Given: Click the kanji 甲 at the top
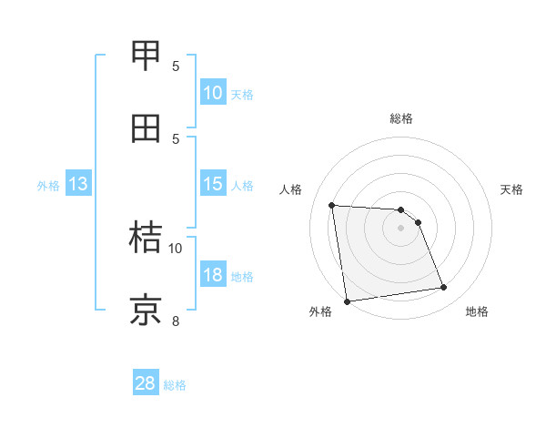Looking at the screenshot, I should (x=147, y=56).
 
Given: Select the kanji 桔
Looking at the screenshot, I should (x=147, y=238).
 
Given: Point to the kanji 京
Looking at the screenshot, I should (x=147, y=311).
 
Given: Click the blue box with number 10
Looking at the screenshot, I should (x=213, y=93).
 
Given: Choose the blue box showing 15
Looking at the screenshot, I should (x=213, y=184).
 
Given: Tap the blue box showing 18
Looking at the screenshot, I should (x=213, y=275).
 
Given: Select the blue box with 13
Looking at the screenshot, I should (x=77, y=184).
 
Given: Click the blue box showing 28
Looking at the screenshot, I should (x=146, y=383).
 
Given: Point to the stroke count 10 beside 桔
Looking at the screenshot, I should (x=176, y=248).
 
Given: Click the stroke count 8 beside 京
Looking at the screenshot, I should (x=176, y=321).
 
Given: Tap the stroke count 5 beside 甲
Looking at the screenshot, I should (x=176, y=66).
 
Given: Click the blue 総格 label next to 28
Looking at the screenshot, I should (x=175, y=385).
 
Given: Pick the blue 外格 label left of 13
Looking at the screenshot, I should (x=48, y=186).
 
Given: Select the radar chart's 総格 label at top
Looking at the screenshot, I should (x=401, y=118).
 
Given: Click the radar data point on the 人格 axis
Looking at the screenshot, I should (x=332, y=205).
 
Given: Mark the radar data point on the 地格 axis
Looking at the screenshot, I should (x=444, y=288).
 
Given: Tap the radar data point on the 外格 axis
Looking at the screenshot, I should (x=347, y=301).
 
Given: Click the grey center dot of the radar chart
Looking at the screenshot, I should (x=400, y=228).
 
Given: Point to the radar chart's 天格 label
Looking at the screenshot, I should (x=512, y=189).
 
